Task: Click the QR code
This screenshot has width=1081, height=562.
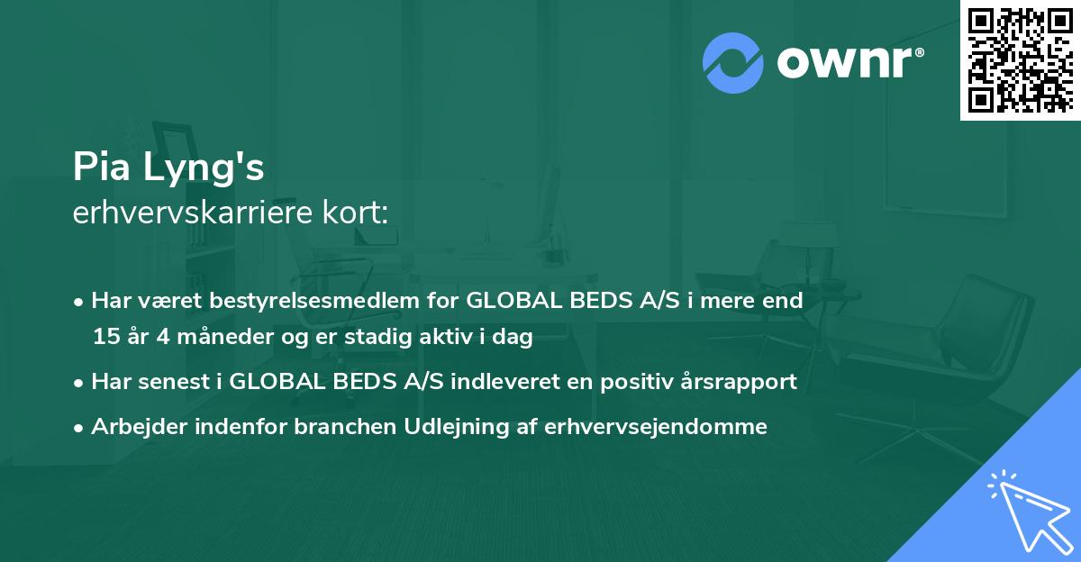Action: coord(1020,60)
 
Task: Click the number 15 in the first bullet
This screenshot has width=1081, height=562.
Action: coord(104,338)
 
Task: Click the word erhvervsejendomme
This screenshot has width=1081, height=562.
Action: coord(656,427)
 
